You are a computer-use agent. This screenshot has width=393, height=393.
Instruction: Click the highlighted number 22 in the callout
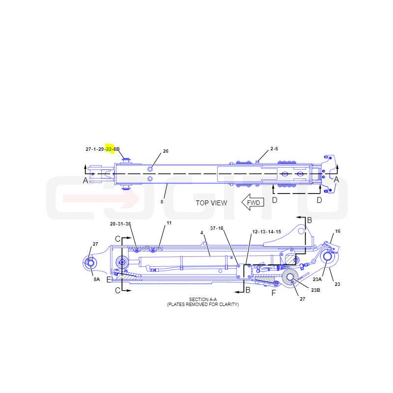pyautogui.click(x=109, y=149)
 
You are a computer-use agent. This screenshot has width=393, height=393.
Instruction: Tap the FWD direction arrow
pyautogui.click(x=253, y=202)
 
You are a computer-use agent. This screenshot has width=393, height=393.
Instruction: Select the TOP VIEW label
pyautogui.click(x=211, y=203)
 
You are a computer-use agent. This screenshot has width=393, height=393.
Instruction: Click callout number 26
pyautogui.click(x=166, y=151)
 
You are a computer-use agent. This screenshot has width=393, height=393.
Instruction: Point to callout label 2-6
pyautogui.click(x=274, y=149)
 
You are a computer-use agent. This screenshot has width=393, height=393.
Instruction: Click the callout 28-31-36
pyautogui.click(x=120, y=224)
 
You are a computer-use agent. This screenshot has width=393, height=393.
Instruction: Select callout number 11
pyautogui.click(x=169, y=223)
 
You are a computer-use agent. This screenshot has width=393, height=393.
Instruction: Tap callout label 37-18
pyautogui.click(x=217, y=228)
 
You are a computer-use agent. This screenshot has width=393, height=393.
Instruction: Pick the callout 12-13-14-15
pyautogui.click(x=266, y=232)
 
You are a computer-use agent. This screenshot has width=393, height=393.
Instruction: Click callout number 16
pyautogui.click(x=338, y=231)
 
